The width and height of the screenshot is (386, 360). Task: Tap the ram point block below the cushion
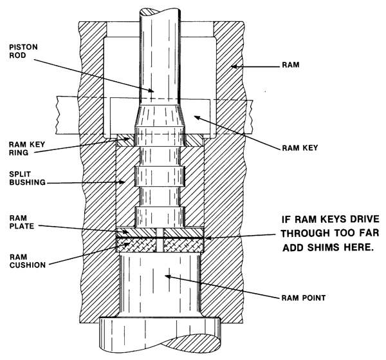[x=161, y=283]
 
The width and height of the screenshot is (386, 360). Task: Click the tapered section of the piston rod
[x=161, y=119]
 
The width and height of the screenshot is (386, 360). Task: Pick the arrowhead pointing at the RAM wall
[x=232, y=66]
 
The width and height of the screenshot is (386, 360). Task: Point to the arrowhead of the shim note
[x=205, y=237]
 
